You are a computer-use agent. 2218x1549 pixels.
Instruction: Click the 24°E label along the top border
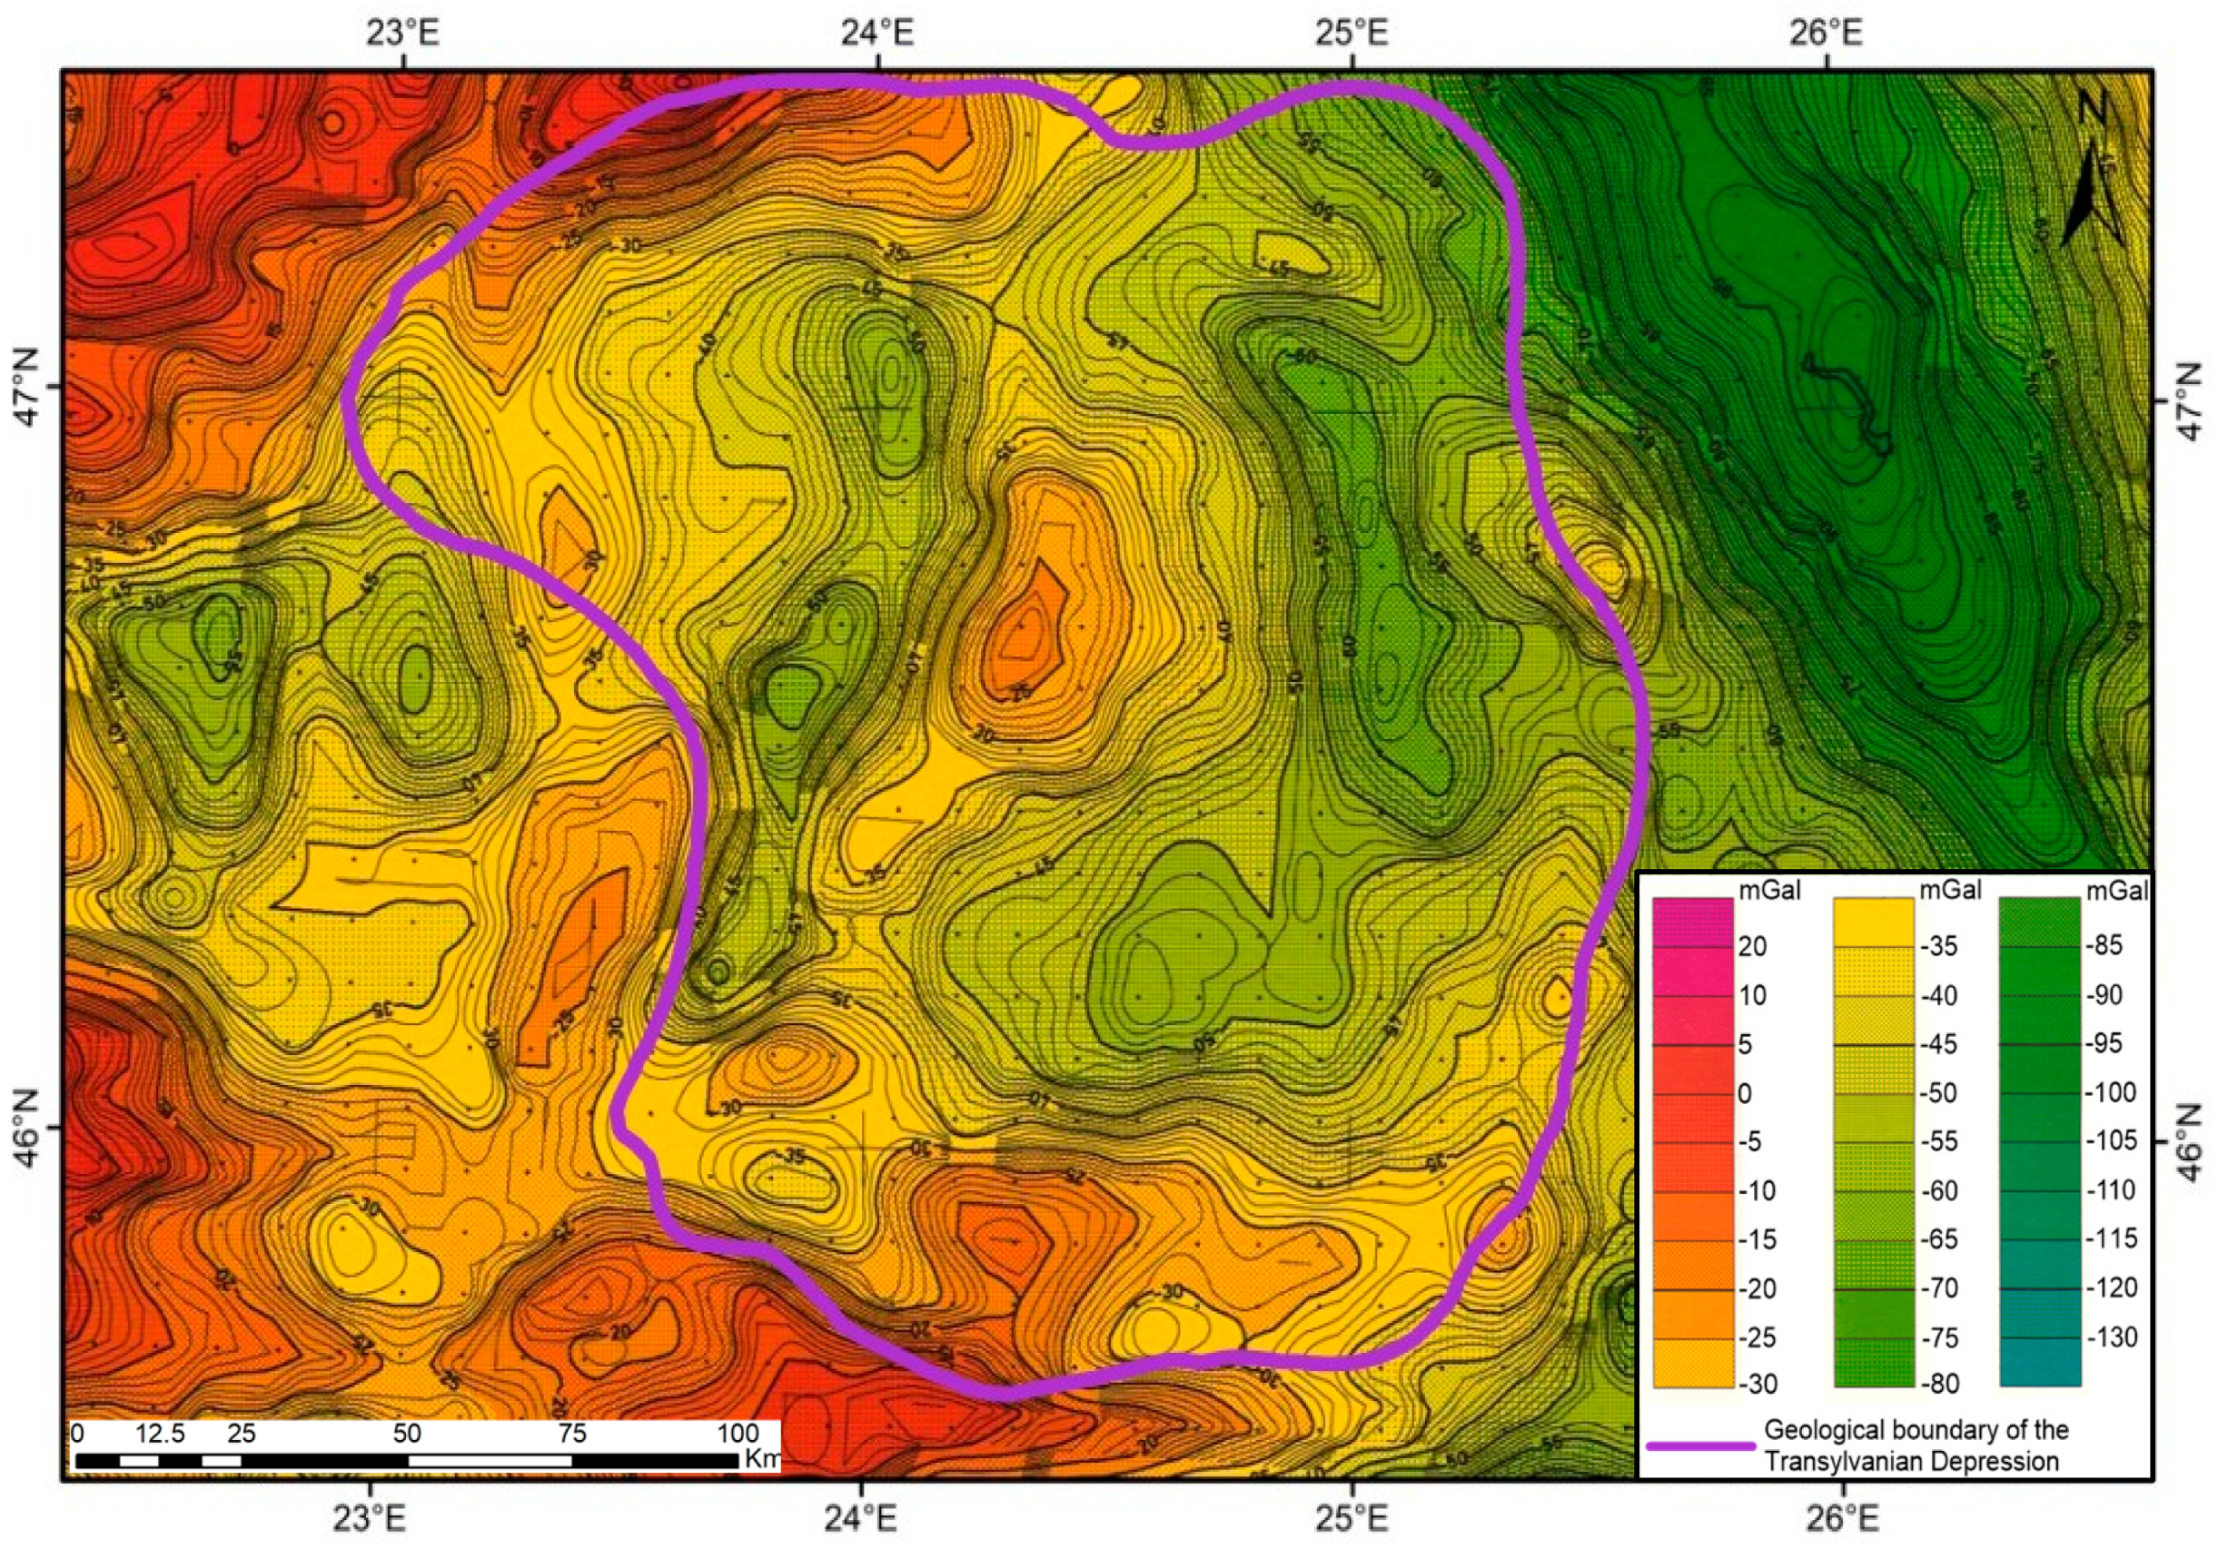(876, 34)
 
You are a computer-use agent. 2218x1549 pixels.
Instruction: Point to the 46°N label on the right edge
(2191, 1141)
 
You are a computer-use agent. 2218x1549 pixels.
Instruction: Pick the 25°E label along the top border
(1351, 34)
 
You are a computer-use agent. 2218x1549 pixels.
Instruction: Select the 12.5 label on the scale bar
(159, 1432)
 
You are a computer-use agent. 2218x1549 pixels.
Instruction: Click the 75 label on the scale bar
(572, 1432)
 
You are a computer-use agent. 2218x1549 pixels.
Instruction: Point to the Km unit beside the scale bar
(762, 1459)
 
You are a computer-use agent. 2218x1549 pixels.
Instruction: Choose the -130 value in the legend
(2110, 1337)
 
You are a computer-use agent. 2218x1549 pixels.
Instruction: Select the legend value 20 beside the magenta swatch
(1752, 945)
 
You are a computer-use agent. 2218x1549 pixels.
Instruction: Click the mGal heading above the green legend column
(2116, 891)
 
